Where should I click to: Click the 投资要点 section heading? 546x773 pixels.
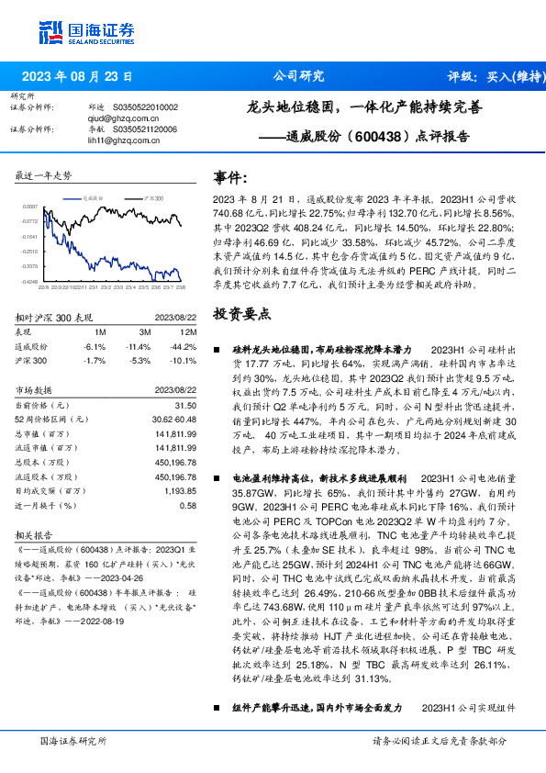pyautogui.click(x=241, y=313)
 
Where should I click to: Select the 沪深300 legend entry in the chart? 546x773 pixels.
pyautogui.click(x=154, y=197)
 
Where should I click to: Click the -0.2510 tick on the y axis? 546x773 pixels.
pyautogui.click(x=30, y=251)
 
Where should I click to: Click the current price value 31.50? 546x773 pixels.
pyautogui.click(x=185, y=404)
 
